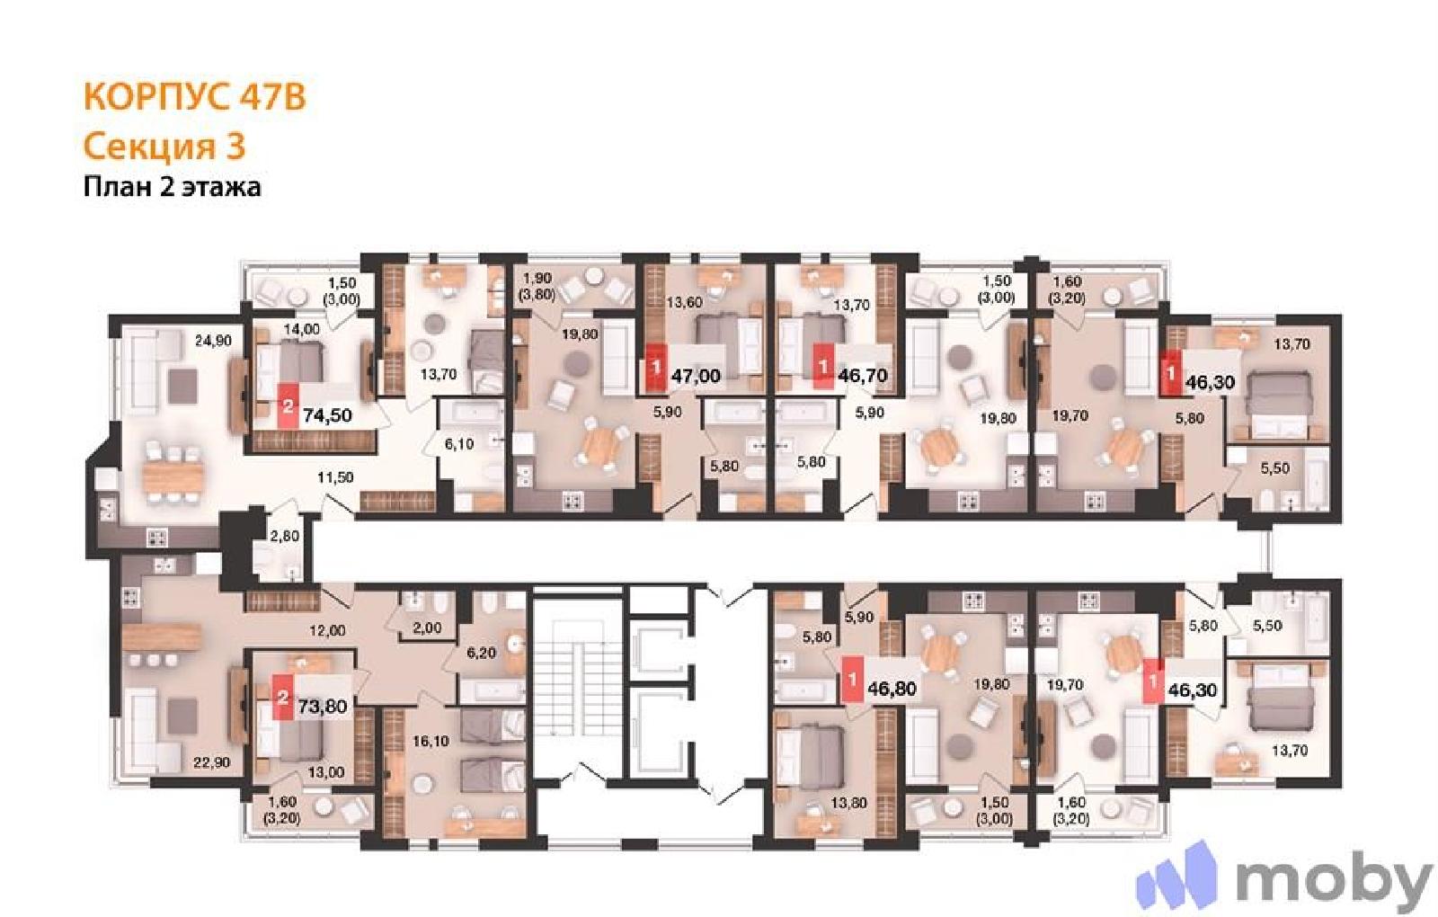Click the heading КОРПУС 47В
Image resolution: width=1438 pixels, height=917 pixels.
point(194,98)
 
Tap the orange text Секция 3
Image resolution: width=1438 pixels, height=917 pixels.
point(164,146)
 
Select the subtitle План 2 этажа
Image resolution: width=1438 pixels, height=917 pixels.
point(172,187)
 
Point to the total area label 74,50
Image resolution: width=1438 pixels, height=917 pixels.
point(327,415)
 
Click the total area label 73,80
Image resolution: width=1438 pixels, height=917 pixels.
point(323,707)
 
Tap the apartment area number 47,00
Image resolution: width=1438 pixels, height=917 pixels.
point(696,375)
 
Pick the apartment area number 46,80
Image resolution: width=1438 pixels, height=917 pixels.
point(892,689)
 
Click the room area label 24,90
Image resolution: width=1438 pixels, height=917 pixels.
point(213,341)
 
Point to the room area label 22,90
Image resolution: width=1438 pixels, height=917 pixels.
point(212,762)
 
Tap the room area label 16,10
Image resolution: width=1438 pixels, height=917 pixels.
point(431,741)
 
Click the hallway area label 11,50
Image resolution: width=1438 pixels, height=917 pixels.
point(335,477)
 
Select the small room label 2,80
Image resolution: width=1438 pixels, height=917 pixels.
point(284,535)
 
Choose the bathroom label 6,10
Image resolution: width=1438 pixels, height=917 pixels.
point(459,444)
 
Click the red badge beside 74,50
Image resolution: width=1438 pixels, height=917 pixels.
point(288,406)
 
